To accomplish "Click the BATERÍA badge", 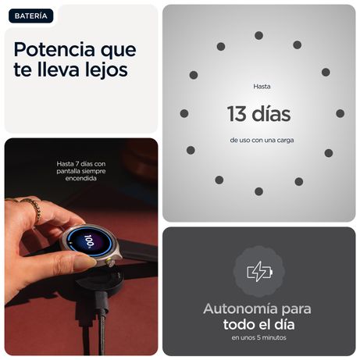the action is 31,16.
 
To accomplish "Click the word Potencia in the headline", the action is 54,49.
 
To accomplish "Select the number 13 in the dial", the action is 237,114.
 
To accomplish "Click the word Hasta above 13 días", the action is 262,87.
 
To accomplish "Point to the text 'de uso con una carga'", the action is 262,140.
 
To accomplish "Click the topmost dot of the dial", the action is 258,35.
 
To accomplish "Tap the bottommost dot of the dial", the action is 258,191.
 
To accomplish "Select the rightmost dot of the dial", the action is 340,113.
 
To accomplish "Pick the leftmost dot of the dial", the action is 184,113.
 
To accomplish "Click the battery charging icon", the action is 259,272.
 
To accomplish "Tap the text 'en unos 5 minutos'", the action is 258,337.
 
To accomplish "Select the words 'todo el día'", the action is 258,324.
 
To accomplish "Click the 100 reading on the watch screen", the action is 88,241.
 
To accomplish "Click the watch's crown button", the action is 111,262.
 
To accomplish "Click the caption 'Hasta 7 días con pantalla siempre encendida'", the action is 81,171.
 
